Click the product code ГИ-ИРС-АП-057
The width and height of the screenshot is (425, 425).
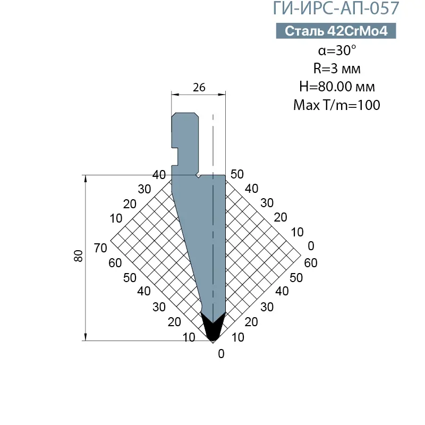(336, 7)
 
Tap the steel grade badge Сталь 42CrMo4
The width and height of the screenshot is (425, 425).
(336, 31)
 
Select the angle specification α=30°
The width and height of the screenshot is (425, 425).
(337, 50)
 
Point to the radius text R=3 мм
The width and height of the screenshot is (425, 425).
(337, 69)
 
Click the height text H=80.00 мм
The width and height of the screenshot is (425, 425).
(337, 87)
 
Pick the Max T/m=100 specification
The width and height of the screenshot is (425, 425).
(337, 105)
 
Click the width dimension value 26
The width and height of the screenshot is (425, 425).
(199, 88)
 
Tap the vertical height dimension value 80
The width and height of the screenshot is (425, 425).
(79, 256)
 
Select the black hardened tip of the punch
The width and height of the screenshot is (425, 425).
(213, 327)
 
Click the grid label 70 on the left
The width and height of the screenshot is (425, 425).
(100, 248)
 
